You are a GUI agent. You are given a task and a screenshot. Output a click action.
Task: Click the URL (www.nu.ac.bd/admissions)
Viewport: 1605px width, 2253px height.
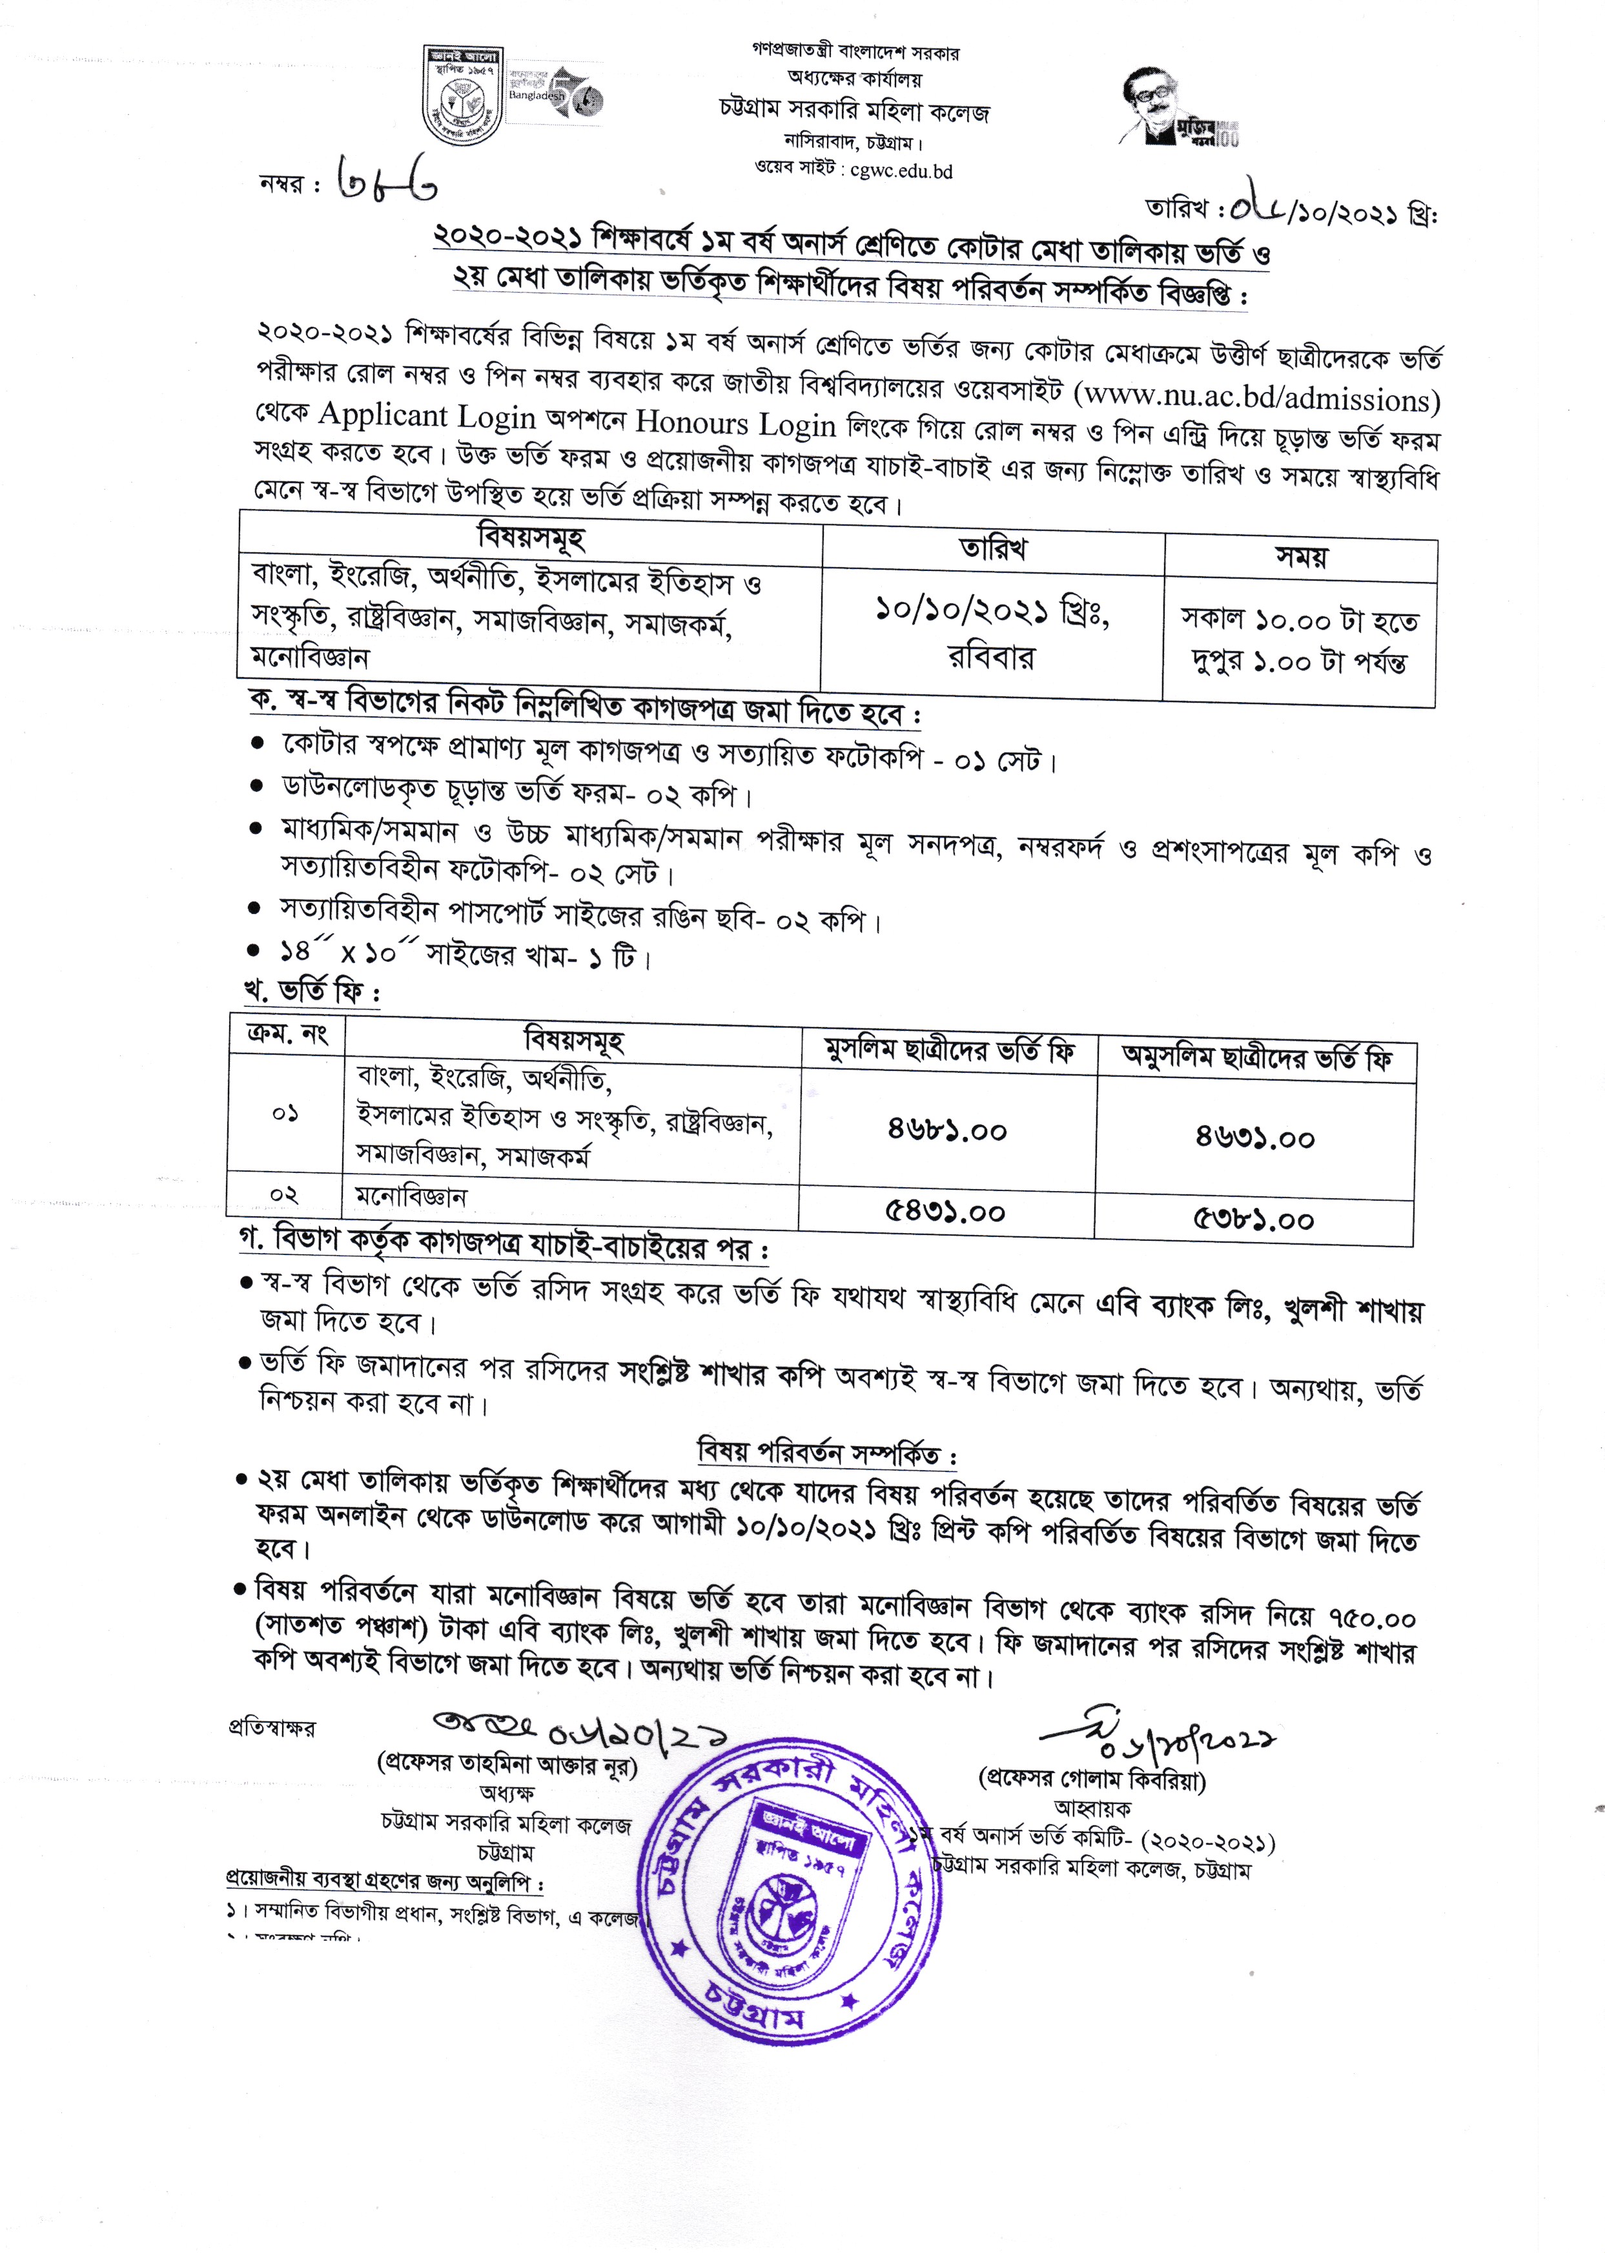1257,399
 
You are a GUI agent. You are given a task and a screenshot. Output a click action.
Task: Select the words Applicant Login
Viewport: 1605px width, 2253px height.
427,416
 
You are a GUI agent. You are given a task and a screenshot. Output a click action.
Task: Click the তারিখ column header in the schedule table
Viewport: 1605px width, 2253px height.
992,548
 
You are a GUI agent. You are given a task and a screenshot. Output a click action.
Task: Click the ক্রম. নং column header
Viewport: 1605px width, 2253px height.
287,1034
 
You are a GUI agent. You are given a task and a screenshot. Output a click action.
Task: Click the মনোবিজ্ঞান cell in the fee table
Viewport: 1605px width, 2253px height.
411,1197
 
